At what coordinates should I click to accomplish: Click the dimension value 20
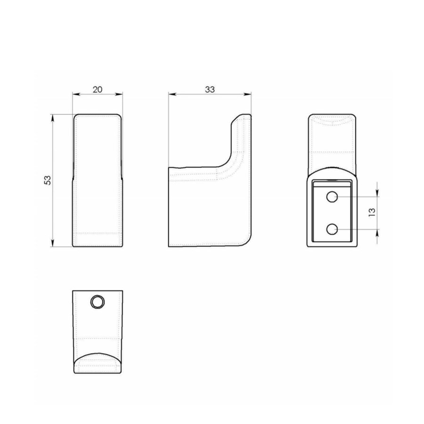coord(98,89)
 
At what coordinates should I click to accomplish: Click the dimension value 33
coord(210,89)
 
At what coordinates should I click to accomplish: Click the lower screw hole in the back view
coord(332,229)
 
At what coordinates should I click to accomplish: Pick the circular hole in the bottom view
coord(98,302)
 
